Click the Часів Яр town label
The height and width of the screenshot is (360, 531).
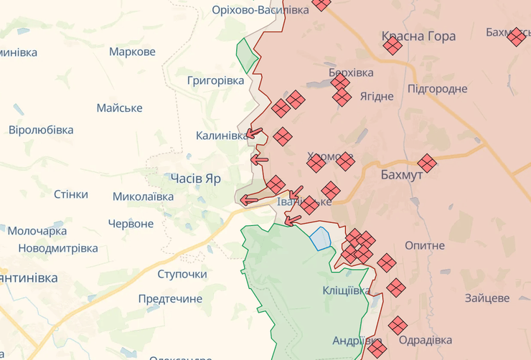[x=195, y=179]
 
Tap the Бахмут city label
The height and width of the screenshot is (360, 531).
[x=402, y=175]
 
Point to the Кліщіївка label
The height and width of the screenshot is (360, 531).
[x=347, y=290]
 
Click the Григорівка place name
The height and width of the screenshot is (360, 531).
[x=215, y=80]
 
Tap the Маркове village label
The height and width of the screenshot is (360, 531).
[x=132, y=52]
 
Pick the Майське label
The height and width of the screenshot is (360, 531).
[x=119, y=108]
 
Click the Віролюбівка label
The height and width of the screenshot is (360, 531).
[x=41, y=130]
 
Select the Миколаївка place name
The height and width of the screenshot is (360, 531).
[x=143, y=196]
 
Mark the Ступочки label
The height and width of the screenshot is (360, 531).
[x=182, y=274]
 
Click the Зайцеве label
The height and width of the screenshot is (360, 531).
[x=487, y=298]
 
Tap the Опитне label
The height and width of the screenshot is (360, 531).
[x=425, y=245]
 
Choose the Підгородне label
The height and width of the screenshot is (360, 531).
[x=437, y=89]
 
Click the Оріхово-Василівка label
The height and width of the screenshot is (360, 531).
[x=260, y=9]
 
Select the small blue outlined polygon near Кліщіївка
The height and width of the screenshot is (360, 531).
[x=320, y=238]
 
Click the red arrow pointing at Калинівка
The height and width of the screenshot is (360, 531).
[x=254, y=133]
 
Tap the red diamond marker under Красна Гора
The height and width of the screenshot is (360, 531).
[x=393, y=46]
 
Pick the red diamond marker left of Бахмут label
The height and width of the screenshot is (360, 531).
[x=345, y=161]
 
